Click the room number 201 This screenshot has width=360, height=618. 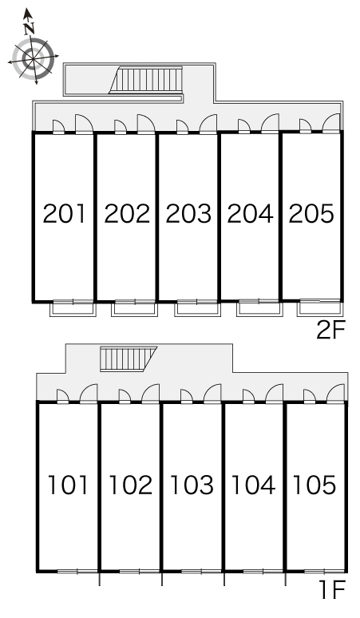pos(64,214)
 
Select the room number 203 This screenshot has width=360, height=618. pos(188,214)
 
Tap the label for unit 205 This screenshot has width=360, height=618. pos(311,214)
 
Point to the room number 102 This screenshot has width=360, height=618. pos(130,485)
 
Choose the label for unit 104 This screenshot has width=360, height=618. pos(254,485)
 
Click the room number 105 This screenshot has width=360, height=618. pos(315,485)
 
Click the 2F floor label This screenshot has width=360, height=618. pos(330,330)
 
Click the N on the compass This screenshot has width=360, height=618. pos(29,29)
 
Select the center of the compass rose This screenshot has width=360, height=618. pos(34,59)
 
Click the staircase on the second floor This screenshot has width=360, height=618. pos(146,80)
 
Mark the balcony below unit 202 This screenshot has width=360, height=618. pos(134,309)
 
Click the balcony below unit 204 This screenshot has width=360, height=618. pos(259,309)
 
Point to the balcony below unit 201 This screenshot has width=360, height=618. pos(73,309)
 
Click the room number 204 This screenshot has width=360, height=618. pos(250,214)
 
